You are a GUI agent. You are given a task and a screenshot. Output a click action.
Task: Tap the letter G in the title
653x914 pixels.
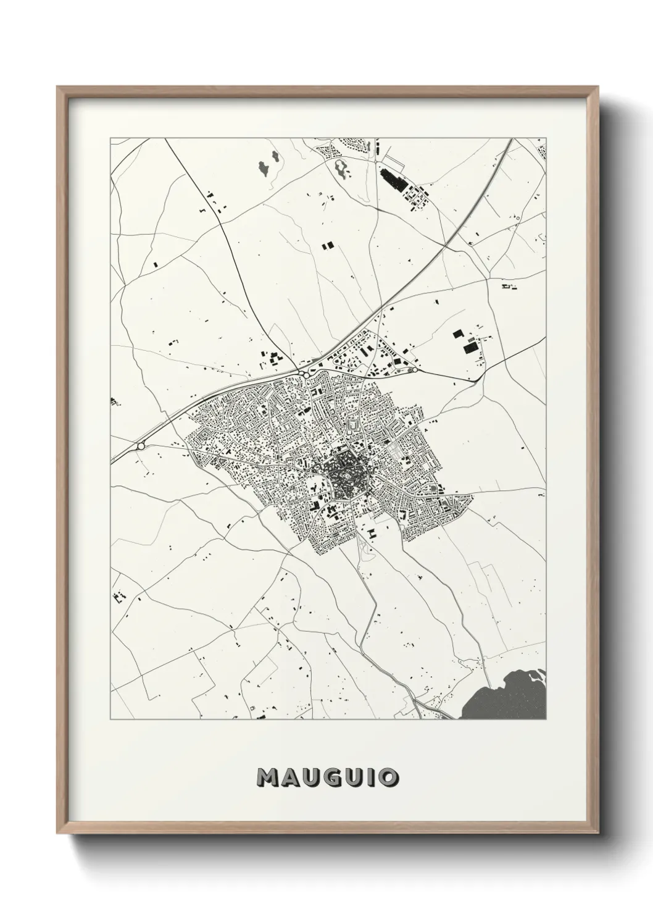tap(329, 777)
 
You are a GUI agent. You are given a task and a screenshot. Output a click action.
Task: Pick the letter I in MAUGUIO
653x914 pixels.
tap(369, 777)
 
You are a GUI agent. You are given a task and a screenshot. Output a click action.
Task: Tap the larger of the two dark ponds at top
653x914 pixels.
tap(265, 166)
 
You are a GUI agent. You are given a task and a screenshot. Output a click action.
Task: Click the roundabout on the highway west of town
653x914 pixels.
tap(141, 445)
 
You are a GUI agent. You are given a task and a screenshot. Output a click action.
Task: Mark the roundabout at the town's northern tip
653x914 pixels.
tap(306, 375)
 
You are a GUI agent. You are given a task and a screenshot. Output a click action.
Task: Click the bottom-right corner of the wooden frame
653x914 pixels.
tap(595, 832)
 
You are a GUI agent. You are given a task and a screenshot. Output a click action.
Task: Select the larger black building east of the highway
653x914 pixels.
tap(472, 348)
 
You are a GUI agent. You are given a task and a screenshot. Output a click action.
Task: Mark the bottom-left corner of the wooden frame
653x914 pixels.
tap(58, 832)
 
